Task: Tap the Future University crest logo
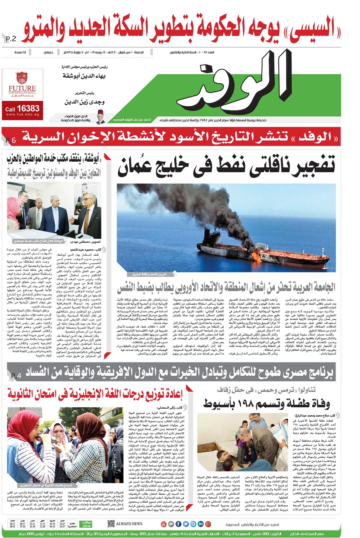[22, 78]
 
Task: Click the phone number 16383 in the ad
[28, 109]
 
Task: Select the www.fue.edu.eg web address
[22, 115]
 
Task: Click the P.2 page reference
[11, 39]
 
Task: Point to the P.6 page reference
[11, 140]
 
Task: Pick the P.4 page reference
[16, 376]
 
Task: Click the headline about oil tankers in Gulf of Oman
[226, 166]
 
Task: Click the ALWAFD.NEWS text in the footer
[129, 524]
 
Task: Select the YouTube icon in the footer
[163, 524]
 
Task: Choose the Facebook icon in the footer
[178, 524]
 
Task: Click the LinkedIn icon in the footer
[201, 524]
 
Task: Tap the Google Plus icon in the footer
[208, 524]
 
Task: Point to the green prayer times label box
[86, 524]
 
